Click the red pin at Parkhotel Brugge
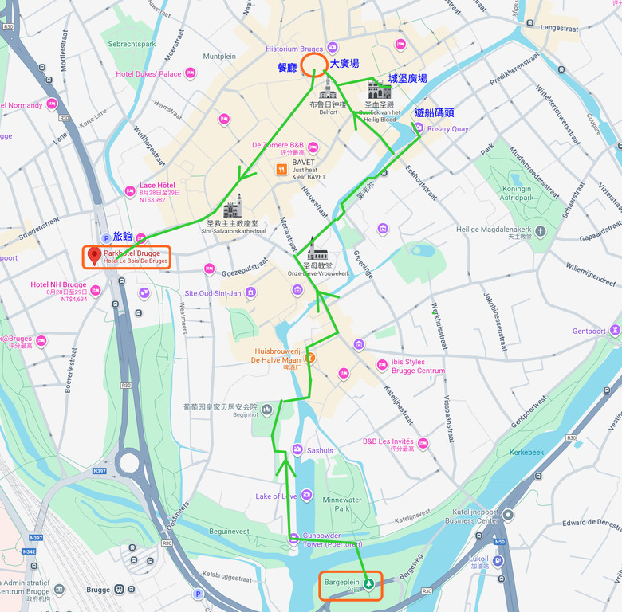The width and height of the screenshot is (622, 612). click(94, 256)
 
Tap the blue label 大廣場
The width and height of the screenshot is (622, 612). click(344, 63)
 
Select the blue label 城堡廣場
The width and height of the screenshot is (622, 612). click(407, 78)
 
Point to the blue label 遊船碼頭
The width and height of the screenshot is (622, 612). click(434, 112)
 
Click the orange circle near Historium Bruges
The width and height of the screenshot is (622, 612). click(313, 63)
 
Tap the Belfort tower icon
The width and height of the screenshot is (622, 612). click(328, 88)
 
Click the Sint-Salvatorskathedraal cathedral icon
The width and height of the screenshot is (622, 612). click(233, 206)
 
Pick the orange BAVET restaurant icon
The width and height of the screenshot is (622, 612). click(281, 169)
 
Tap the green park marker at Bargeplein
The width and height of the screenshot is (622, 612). click(368, 583)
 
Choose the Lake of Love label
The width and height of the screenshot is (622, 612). click(276, 496)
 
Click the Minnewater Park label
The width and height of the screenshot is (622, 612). click(341, 504)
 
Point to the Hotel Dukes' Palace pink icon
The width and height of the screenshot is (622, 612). click(191, 73)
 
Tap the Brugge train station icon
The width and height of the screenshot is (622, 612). click(119, 590)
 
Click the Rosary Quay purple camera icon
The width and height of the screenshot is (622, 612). click(418, 128)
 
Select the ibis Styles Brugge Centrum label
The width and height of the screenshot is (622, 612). click(418, 367)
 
